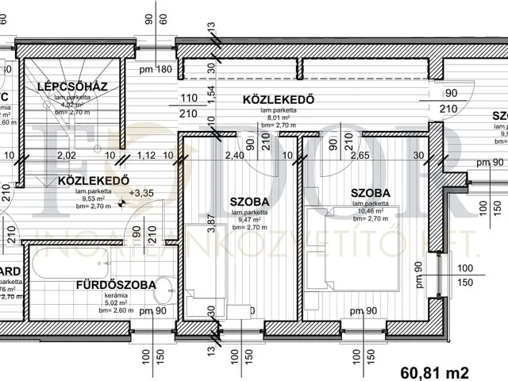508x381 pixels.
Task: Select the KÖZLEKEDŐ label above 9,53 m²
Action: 94,181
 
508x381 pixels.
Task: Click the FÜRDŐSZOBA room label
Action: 115,284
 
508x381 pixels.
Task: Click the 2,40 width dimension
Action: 233,156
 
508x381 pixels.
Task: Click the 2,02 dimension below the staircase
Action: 67,156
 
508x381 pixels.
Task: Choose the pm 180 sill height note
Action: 155,70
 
